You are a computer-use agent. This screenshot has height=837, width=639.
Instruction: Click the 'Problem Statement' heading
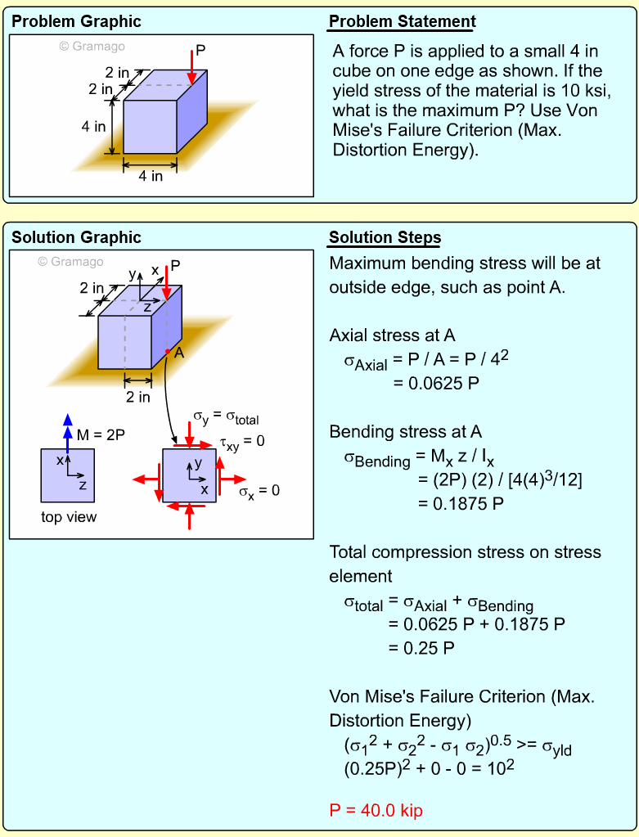pyautogui.click(x=402, y=22)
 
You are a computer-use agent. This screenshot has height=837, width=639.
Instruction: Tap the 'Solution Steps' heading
pyautogui.click(x=385, y=238)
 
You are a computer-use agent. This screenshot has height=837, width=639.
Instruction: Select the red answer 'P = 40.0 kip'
pyautogui.click(x=376, y=811)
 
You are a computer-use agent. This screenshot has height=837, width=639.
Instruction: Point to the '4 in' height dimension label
pyautogui.click(x=93, y=127)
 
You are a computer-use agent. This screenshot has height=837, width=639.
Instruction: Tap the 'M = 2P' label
pyautogui.click(x=101, y=435)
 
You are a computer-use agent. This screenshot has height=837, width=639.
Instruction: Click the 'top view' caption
pyautogui.click(x=69, y=517)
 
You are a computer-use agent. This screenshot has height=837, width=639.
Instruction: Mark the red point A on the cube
pyautogui.click(x=166, y=351)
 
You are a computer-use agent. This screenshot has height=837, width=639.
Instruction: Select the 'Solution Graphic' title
pyautogui.click(x=76, y=238)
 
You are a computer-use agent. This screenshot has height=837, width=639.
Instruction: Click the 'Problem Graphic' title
pyautogui.click(x=76, y=22)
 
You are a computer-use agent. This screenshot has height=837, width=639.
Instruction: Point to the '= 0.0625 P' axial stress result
pyautogui.click(x=433, y=382)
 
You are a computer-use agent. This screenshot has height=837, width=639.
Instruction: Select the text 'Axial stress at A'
pyautogui.click(x=392, y=335)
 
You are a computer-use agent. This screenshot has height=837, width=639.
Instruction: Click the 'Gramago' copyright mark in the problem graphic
pyautogui.click(x=92, y=47)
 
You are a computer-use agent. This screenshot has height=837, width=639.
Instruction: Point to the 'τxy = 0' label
pyautogui.click(x=242, y=443)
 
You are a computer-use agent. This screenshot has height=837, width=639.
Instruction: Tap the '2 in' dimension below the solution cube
pyautogui.click(x=137, y=397)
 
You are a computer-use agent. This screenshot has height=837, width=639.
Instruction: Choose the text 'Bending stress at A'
pyautogui.click(x=406, y=432)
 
